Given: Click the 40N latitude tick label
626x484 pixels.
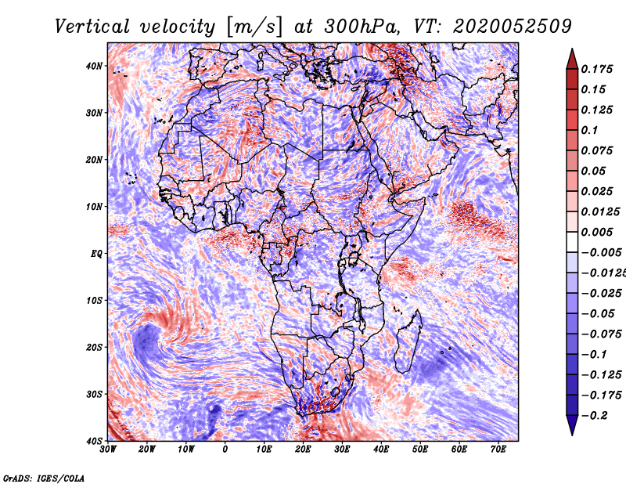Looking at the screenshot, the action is click(x=94, y=66).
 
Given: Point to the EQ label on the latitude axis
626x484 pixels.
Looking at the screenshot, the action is click(x=96, y=254).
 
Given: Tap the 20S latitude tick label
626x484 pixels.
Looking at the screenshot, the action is click(x=94, y=347).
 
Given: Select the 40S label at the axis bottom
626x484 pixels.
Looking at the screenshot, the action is click(x=94, y=441).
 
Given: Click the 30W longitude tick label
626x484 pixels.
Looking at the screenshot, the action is click(x=108, y=450).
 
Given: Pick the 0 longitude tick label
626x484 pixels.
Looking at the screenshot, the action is click(x=225, y=450).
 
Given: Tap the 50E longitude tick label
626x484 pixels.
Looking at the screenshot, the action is click(x=420, y=450).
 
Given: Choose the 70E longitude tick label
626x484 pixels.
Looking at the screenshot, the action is click(x=498, y=450).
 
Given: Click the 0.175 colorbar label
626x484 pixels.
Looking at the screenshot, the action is click(x=597, y=69).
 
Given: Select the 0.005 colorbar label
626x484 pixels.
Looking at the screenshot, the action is click(x=597, y=232).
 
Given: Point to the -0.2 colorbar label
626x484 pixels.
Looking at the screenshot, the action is click(x=595, y=416).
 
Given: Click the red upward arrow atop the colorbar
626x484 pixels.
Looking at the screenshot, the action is click(x=572, y=59).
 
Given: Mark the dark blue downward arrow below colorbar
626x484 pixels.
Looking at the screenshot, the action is click(x=572, y=425).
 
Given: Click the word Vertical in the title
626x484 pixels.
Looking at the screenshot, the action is click(x=92, y=27).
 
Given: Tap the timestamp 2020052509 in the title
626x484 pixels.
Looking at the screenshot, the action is click(x=513, y=27).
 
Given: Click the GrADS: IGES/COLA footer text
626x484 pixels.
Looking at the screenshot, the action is click(x=44, y=478).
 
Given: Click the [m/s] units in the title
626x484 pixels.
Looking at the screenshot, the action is click(x=254, y=27).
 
